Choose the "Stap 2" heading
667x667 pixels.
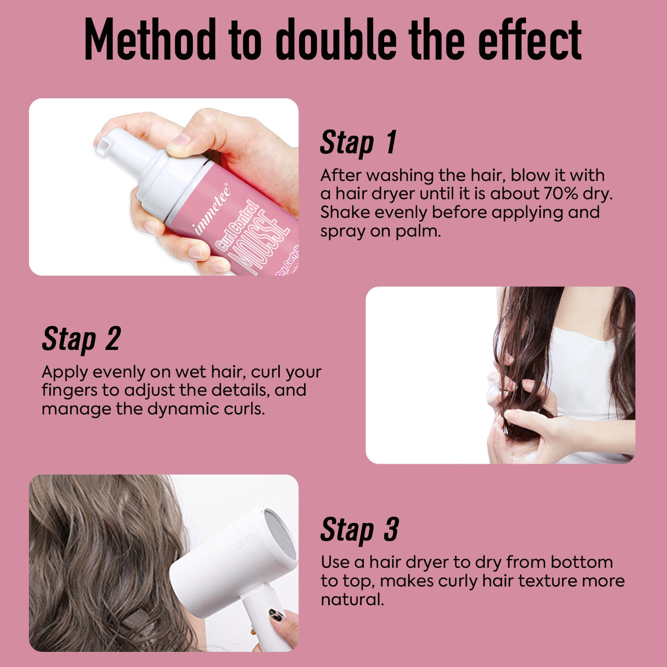pos(81,339)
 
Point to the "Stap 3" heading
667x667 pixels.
pos(360,529)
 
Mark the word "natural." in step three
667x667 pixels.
pos(352,600)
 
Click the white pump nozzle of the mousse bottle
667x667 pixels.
pos(113,141)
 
